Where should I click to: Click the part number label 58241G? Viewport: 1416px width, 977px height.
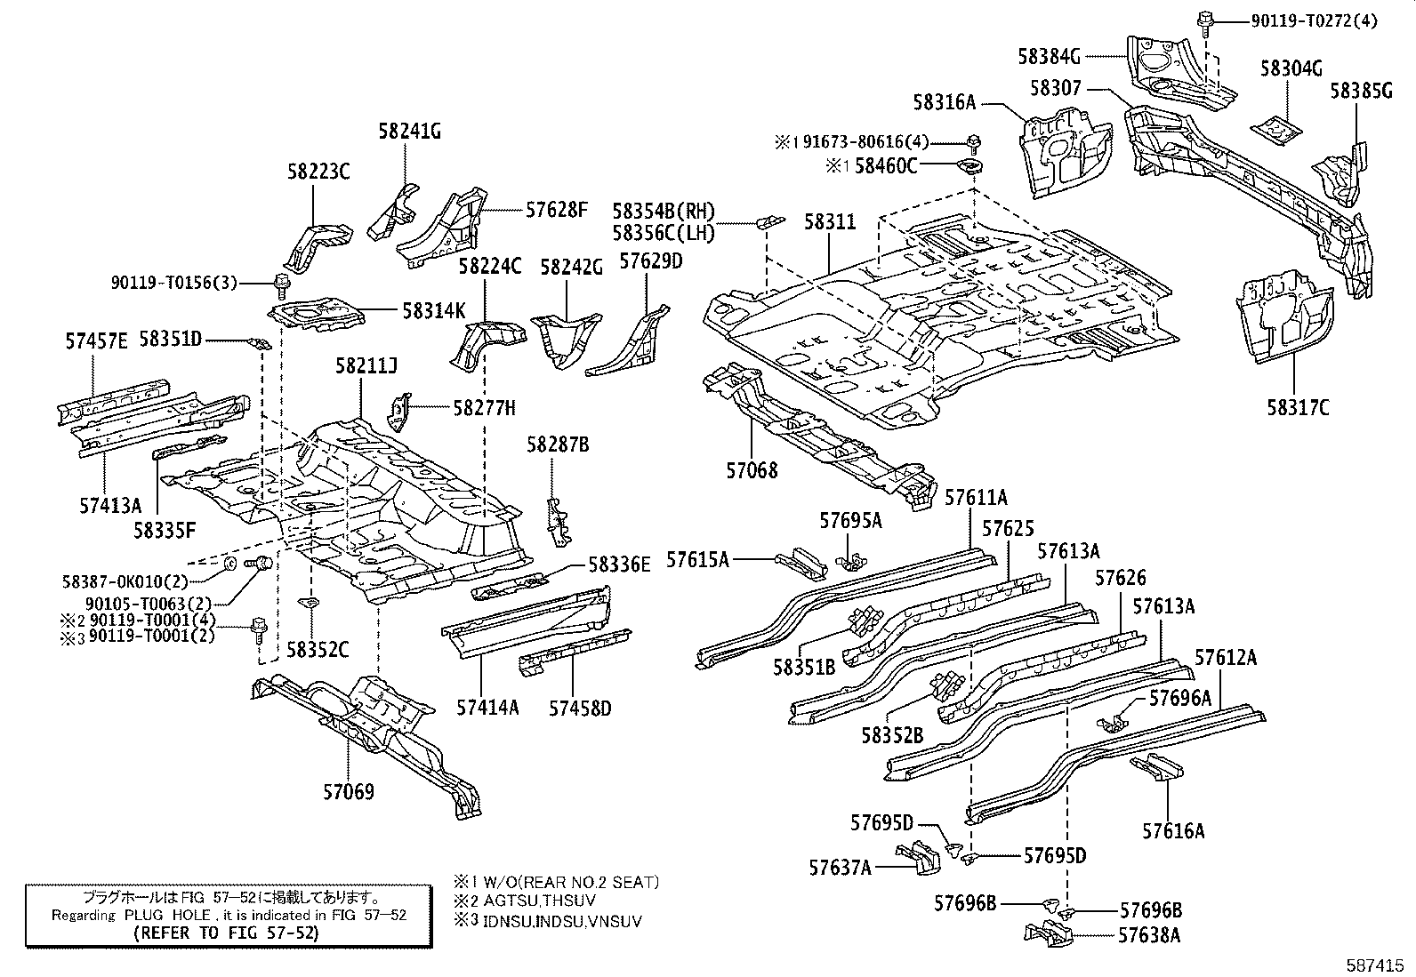pyautogui.click(x=409, y=132)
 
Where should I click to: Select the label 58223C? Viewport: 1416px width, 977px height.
pyautogui.click(x=318, y=172)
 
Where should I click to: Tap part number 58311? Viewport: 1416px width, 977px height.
pyautogui.click(x=830, y=221)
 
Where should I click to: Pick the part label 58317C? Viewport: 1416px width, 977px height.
pyautogui.click(x=1298, y=407)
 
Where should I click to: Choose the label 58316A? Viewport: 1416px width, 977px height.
pyautogui.click(x=944, y=103)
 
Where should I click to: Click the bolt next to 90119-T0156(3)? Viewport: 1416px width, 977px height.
pyautogui.click(x=282, y=284)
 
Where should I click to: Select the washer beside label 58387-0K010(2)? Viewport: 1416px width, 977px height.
pyautogui.click(x=229, y=562)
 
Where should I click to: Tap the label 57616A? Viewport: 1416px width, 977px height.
pyautogui.click(x=1173, y=831)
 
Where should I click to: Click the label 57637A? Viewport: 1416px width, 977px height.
pyautogui.click(x=840, y=866)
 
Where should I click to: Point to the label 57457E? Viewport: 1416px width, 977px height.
pyautogui.click(x=96, y=340)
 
